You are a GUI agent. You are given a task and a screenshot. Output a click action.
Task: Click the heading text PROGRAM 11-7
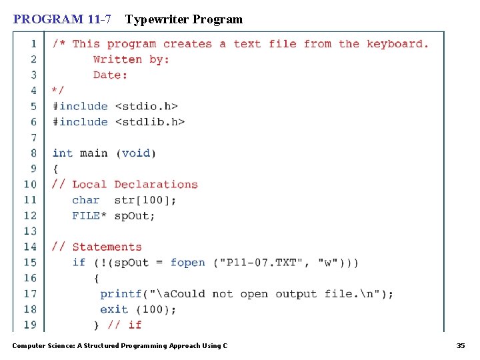tap(62, 19)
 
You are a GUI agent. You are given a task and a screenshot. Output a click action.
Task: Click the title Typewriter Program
tap(184, 19)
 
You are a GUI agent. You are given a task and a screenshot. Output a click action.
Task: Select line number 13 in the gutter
tap(31, 231)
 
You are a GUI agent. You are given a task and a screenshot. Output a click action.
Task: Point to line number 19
tap(31, 325)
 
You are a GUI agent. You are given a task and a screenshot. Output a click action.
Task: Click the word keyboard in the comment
tap(397, 44)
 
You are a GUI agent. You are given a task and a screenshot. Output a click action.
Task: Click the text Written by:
tap(131, 59)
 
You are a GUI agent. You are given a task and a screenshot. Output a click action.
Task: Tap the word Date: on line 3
tap(110, 75)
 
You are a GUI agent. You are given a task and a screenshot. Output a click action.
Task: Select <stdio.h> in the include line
tap(147, 106)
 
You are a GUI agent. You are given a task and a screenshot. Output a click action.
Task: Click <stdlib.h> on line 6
tap(150, 122)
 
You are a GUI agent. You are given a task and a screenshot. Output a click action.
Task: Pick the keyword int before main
tap(63, 153)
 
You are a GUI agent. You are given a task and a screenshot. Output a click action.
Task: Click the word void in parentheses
tap(136, 153)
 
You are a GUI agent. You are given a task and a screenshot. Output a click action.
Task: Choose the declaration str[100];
tap(146, 200)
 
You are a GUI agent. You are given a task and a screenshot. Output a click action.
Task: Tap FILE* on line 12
tap(86, 216)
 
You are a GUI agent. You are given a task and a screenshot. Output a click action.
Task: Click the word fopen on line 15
tap(188, 263)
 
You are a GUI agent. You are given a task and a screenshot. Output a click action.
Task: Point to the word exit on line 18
tap(114, 309)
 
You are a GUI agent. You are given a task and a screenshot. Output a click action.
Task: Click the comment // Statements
tap(97, 247)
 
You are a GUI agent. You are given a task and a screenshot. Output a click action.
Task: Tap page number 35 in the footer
tap(460, 345)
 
